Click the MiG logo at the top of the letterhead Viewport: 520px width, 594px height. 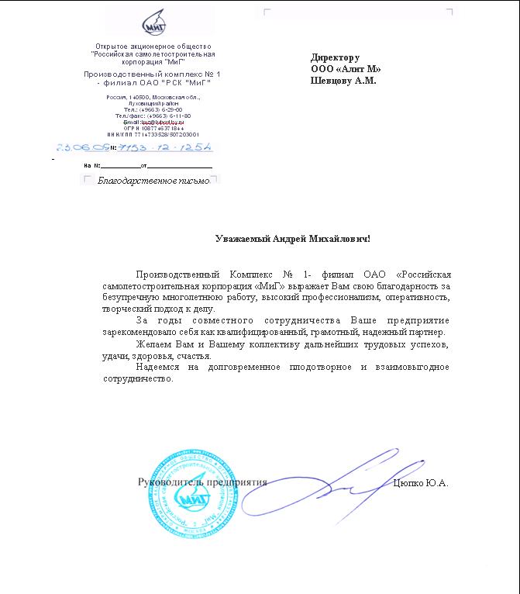tap(153, 26)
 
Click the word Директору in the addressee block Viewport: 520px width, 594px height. tap(335, 57)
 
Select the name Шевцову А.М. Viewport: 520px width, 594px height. tap(343, 80)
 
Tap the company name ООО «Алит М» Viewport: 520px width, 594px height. tap(346, 69)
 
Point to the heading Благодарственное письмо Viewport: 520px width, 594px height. tap(153, 181)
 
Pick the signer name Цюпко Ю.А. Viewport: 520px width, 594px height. tap(422, 483)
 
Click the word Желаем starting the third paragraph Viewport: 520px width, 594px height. tap(152, 344)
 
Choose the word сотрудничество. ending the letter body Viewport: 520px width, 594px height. tap(138, 380)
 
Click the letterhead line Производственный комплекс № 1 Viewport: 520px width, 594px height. tap(147, 74)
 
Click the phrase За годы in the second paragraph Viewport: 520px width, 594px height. tap(153, 320)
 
